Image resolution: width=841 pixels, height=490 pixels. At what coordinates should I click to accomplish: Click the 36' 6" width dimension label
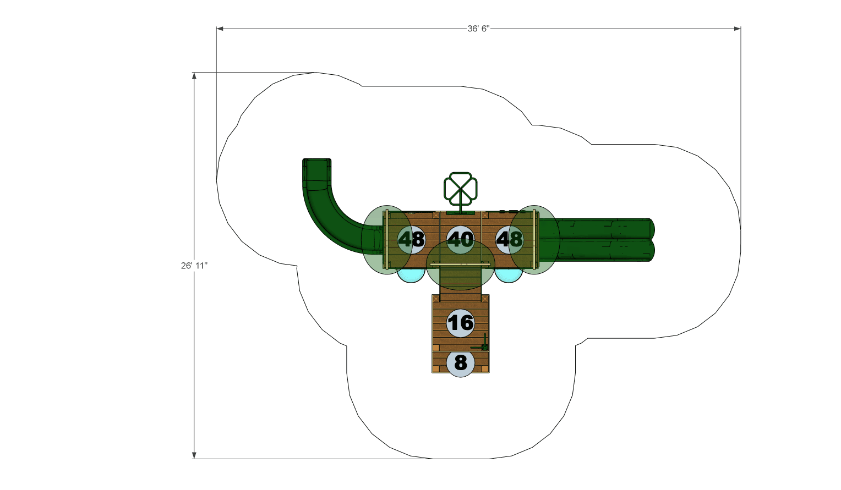(x=478, y=29)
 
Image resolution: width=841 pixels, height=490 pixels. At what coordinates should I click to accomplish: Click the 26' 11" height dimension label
(x=194, y=266)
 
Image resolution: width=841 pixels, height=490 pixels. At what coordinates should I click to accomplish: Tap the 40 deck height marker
(x=461, y=239)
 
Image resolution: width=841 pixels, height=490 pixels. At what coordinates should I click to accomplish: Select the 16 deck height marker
(x=461, y=323)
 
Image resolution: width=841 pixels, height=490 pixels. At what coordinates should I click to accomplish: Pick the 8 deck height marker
(x=461, y=363)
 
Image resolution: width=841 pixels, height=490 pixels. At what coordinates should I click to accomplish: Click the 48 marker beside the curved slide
(x=412, y=239)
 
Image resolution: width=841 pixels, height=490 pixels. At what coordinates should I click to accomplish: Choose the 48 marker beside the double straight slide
(x=510, y=239)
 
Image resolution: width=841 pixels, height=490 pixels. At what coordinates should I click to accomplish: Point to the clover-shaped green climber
(x=460, y=192)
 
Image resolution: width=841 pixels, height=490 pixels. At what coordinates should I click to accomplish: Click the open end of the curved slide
(x=317, y=161)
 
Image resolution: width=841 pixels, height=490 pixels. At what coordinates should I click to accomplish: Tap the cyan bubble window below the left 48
(x=411, y=276)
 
